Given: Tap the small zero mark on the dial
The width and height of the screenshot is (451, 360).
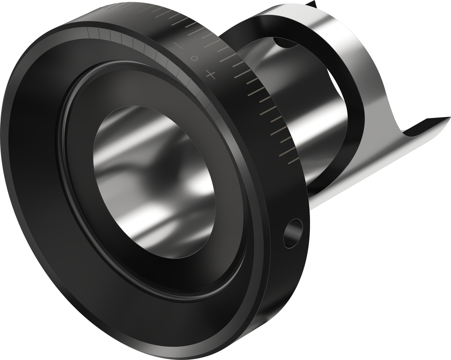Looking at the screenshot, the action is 194,59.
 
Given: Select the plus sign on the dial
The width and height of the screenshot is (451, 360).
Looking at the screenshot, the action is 211,75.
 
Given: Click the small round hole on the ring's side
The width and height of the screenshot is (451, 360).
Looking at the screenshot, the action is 293,233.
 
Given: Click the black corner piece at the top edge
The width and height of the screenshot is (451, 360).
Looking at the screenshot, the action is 312,4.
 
